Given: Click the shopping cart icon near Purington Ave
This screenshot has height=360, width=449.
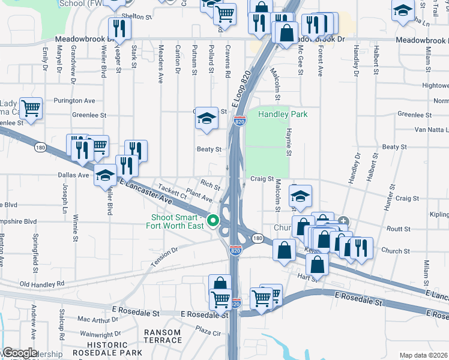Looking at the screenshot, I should coord(31,109).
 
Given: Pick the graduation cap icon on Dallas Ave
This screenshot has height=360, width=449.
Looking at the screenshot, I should coord(105,175).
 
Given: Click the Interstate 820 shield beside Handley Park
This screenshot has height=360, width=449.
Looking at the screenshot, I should coord(240,121).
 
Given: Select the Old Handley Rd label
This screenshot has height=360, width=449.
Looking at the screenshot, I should coord(41,284).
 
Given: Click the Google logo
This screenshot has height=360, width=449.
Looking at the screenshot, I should coord(19,353).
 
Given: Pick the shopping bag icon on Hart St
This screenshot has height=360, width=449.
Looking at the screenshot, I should coord(316,263).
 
